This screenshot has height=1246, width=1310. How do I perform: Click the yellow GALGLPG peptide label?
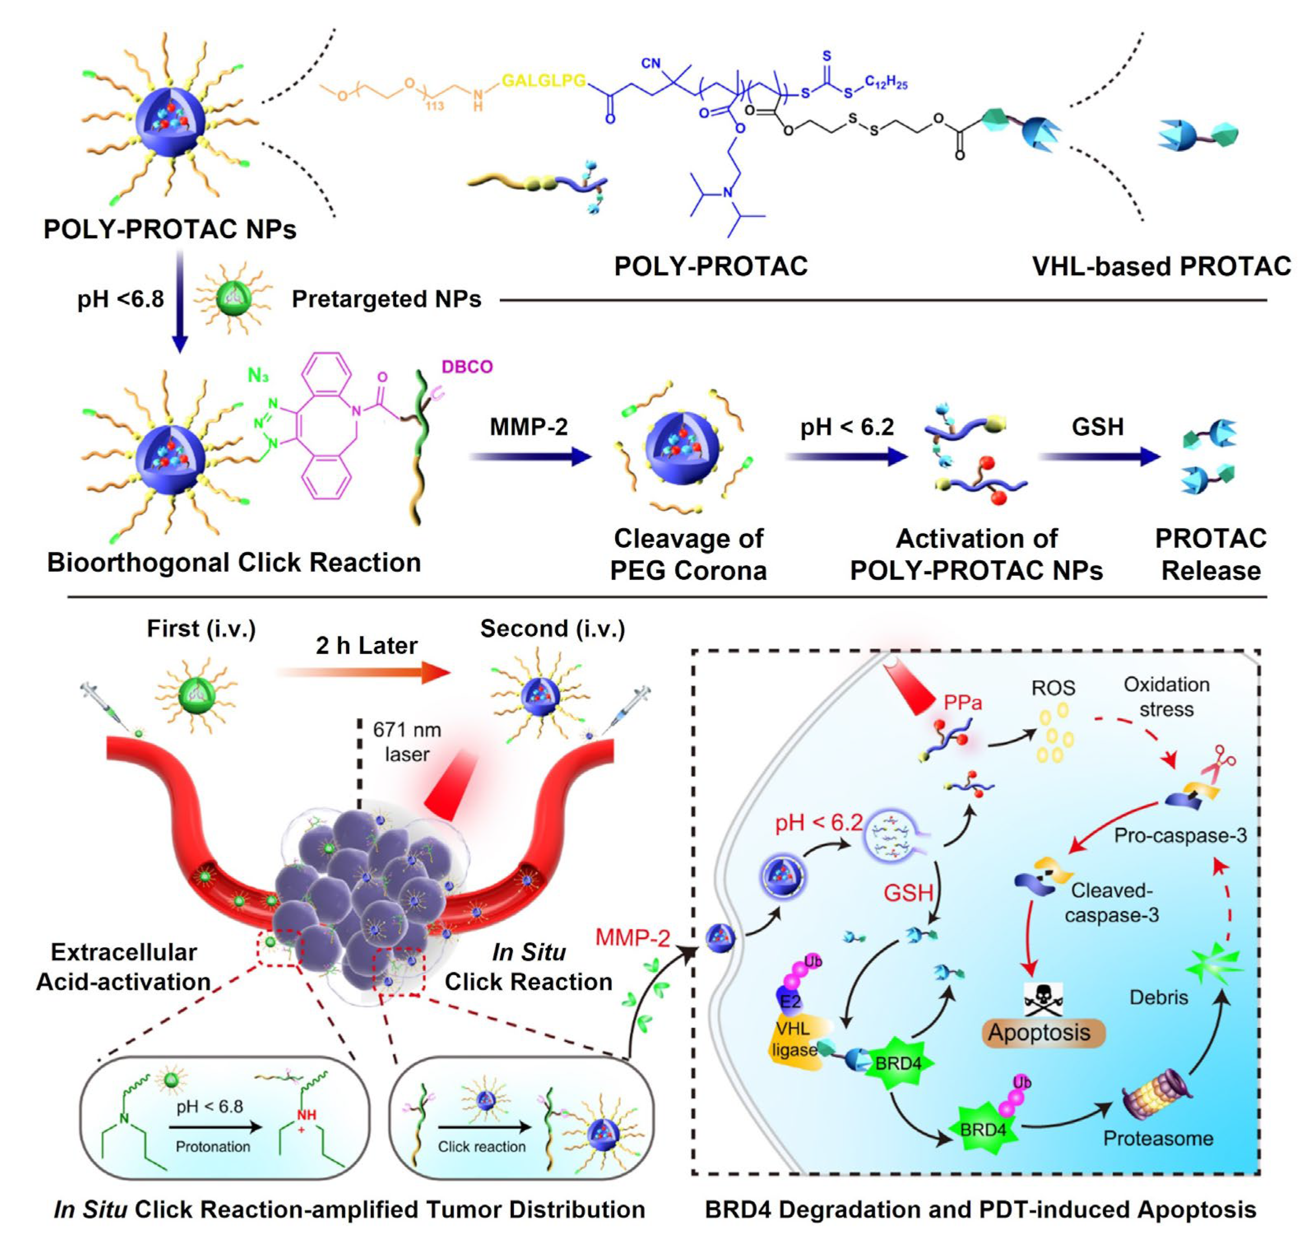tap(543, 81)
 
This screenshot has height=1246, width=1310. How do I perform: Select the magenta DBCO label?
tap(467, 367)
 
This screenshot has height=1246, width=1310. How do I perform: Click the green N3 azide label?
tap(258, 376)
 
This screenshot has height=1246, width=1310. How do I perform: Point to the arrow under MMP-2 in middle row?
tap(529, 456)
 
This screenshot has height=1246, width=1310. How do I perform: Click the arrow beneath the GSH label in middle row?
tap(1098, 456)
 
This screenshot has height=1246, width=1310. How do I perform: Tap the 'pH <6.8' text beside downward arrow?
tap(120, 299)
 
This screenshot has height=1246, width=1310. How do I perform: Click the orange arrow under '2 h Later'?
tap(364, 672)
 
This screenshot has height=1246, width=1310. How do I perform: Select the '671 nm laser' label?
tap(406, 742)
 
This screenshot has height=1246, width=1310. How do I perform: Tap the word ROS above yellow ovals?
tap(1052, 688)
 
